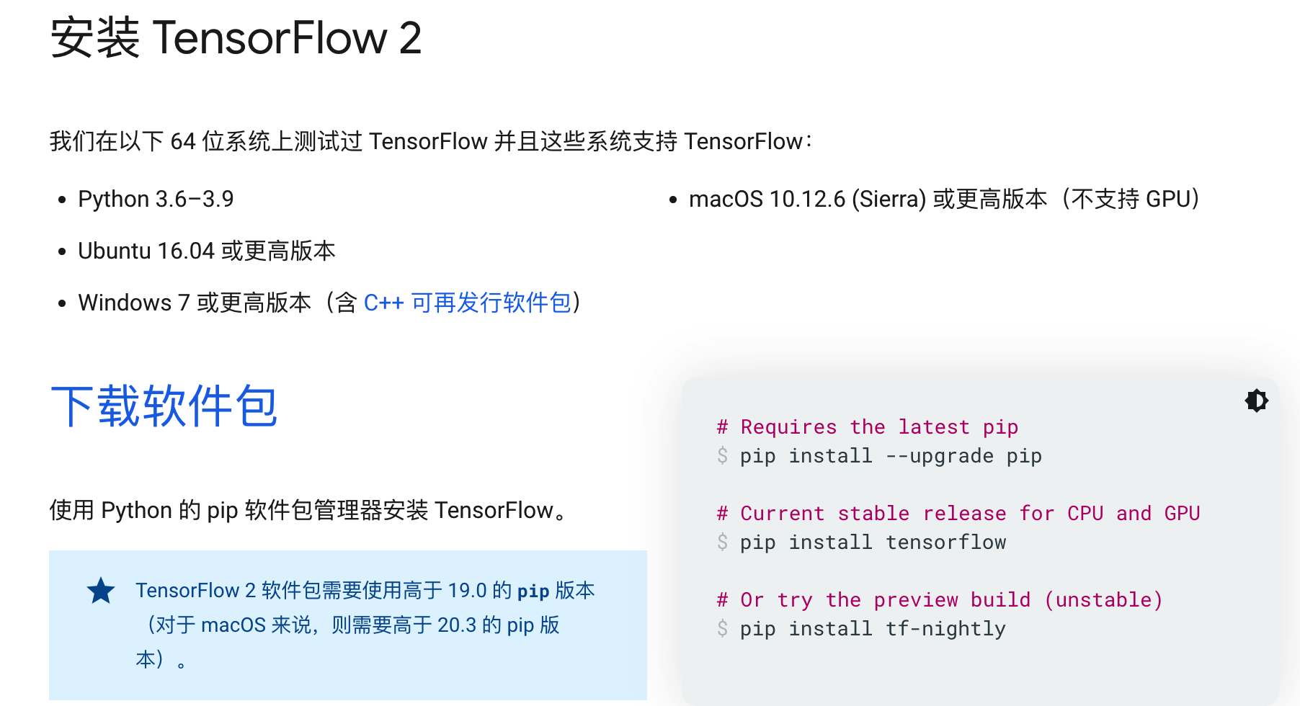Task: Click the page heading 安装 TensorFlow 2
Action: pyautogui.click(x=236, y=37)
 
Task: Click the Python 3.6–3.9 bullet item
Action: pyautogui.click(x=156, y=199)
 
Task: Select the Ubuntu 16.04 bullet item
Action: pyautogui.click(x=207, y=251)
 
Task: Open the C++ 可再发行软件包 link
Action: pyautogui.click(x=468, y=303)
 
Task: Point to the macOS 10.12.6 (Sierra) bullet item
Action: pyautogui.click(x=944, y=199)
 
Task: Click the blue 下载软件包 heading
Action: pyautogui.click(x=164, y=406)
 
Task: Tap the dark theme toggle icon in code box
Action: pyautogui.click(x=1257, y=401)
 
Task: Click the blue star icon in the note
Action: pyautogui.click(x=101, y=591)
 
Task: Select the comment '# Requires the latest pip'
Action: pyautogui.click(x=868, y=427)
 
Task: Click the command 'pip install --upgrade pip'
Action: pyautogui.click(x=891, y=456)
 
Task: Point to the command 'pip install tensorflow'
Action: pyautogui.click(x=873, y=542)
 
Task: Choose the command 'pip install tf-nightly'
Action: pyautogui.click(x=873, y=629)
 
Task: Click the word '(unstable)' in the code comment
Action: pyautogui.click(x=1103, y=600)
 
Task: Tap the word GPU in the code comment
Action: pyautogui.click(x=1182, y=514)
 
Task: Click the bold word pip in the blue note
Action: pyautogui.click(x=533, y=591)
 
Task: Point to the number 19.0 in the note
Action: pyautogui.click(x=467, y=591)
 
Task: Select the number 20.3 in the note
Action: pyautogui.click(x=457, y=625)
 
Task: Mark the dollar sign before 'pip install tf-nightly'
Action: pyautogui.click(x=722, y=629)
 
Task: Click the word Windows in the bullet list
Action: pyautogui.click(x=125, y=303)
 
